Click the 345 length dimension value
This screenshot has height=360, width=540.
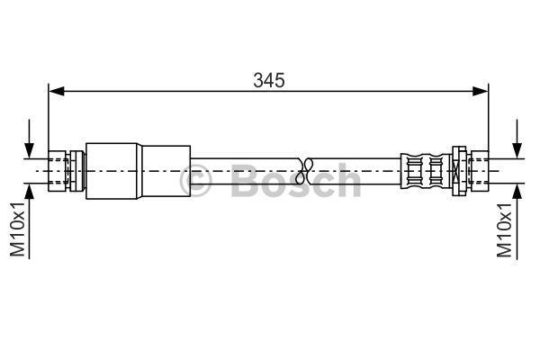[x=269, y=80]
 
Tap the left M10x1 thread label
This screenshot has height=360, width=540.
[x=18, y=229]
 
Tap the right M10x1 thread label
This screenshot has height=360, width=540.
[x=504, y=229]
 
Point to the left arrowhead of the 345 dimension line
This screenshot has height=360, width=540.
[x=57, y=91]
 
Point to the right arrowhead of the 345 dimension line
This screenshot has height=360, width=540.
[x=481, y=91]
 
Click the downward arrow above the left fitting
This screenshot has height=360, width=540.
[x=29, y=139]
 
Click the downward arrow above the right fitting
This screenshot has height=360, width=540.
[x=517, y=139]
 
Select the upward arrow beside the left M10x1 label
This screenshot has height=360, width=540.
[x=29, y=220]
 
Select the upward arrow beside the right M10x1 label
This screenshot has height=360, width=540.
[x=517, y=220]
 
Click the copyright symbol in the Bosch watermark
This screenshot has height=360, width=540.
[x=195, y=181]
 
